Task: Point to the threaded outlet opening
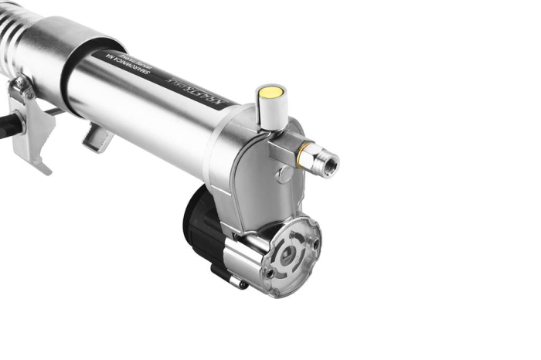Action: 330,165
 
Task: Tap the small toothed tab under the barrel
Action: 96,138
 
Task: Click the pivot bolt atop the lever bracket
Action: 20,84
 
